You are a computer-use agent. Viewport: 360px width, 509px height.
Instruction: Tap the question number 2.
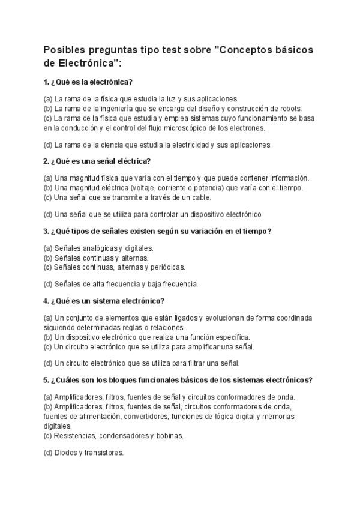pos(46,161)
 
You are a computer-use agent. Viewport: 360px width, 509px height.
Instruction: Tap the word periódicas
pos(168,267)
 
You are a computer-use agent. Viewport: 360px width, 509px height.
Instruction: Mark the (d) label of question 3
pos(48,284)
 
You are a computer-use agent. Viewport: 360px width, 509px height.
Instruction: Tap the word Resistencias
pos(74,435)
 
